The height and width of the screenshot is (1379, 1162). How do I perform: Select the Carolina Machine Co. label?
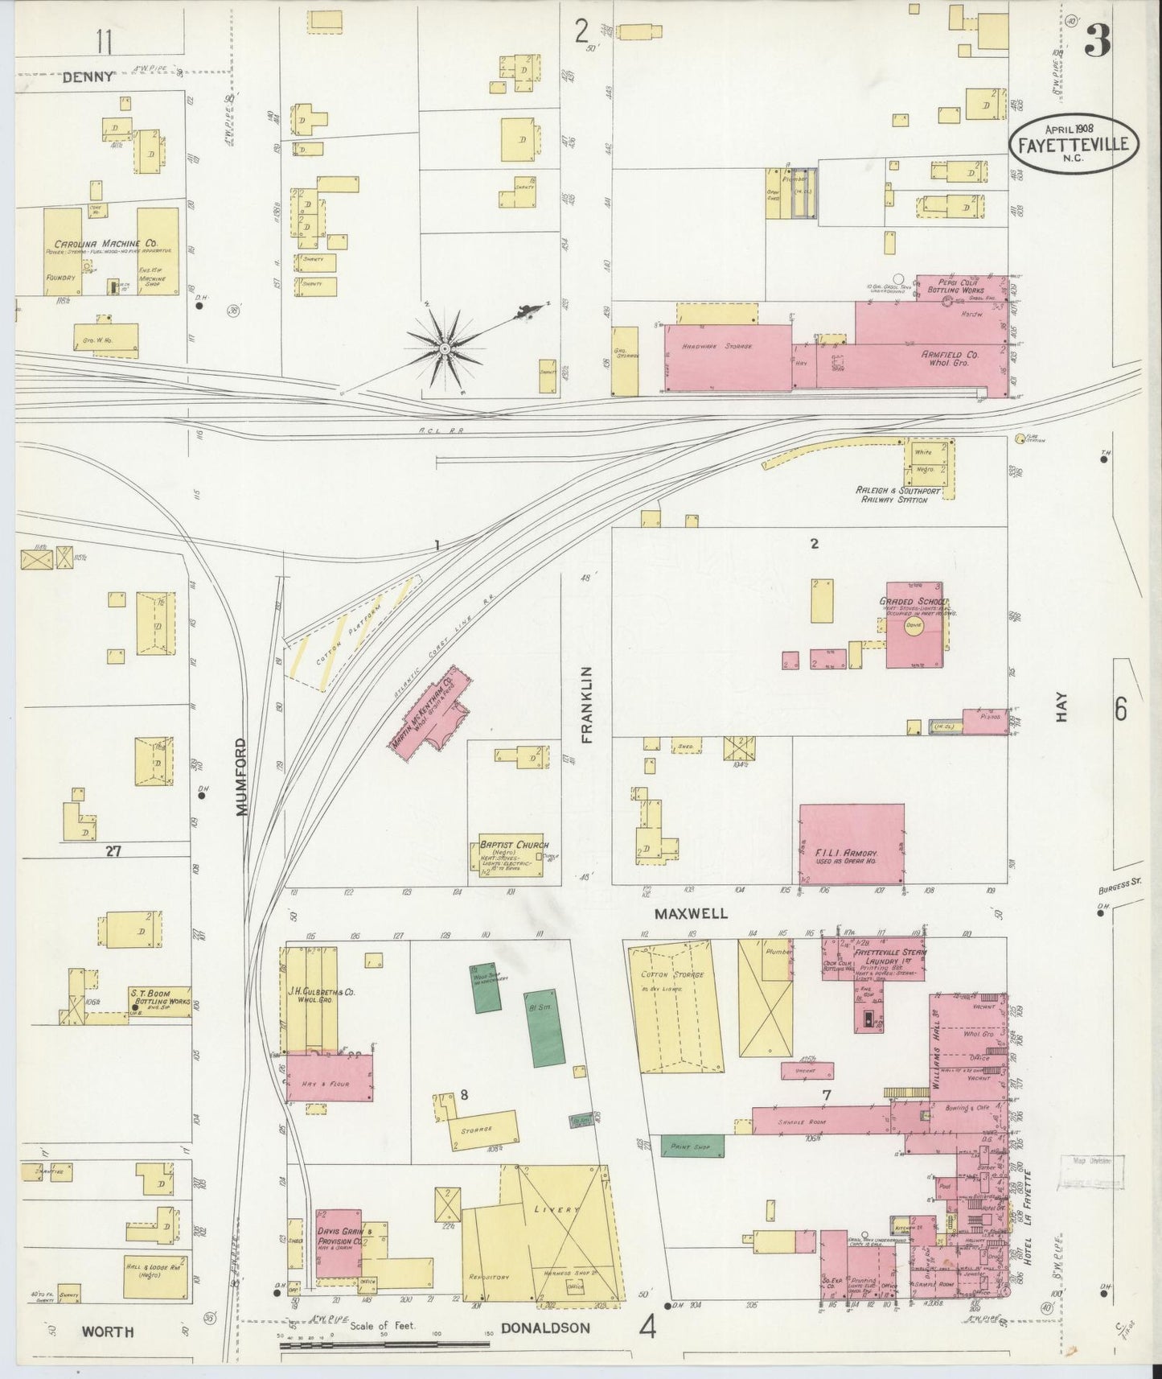pyautogui.click(x=105, y=244)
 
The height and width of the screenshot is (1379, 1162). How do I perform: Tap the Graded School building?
pyautogui.click(x=914, y=625)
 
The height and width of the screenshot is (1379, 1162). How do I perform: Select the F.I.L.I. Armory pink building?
pyautogui.click(x=852, y=843)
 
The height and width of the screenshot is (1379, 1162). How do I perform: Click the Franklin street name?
pyautogui.click(x=586, y=704)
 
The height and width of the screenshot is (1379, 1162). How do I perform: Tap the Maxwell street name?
pyautogui.click(x=691, y=914)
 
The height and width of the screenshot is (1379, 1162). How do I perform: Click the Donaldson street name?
pyautogui.click(x=546, y=1328)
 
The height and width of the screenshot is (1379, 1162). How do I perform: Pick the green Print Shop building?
pyautogui.click(x=692, y=1146)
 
